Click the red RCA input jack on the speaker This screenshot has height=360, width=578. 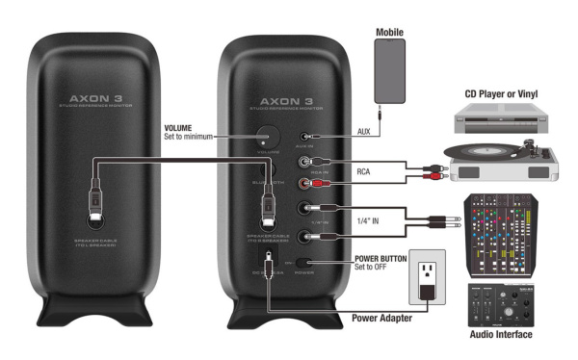[307, 181]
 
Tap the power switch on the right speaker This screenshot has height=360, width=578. [305, 261]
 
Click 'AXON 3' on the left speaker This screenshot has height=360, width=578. [97, 98]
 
